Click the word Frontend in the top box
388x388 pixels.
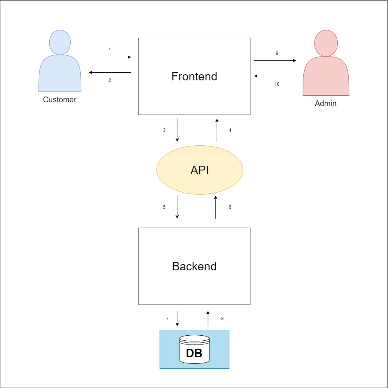coord(194,77)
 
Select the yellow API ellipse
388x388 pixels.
coord(200,170)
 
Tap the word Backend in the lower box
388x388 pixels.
coord(194,266)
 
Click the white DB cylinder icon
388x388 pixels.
coord(195,349)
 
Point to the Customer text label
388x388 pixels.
coord(60,100)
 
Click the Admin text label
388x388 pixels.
coord(326,103)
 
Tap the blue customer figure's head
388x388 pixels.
coord(60,42)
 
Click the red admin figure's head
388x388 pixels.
coord(326,43)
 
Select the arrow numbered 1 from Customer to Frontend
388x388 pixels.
coord(110,57)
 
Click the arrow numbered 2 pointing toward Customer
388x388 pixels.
coord(110,73)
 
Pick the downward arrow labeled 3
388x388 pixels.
coord(177,130)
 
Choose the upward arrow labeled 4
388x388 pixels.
coord(217,130)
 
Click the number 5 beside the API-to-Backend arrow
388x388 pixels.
coord(164,207)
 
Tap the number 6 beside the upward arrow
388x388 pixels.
coord(230,207)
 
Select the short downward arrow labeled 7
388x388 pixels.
coord(177,319)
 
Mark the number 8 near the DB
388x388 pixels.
coord(222,319)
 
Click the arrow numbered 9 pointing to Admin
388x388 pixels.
coord(275,60)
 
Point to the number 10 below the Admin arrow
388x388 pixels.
coord(277,84)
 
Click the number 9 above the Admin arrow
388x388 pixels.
coord(277,53)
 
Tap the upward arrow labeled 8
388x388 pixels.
coord(208,319)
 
